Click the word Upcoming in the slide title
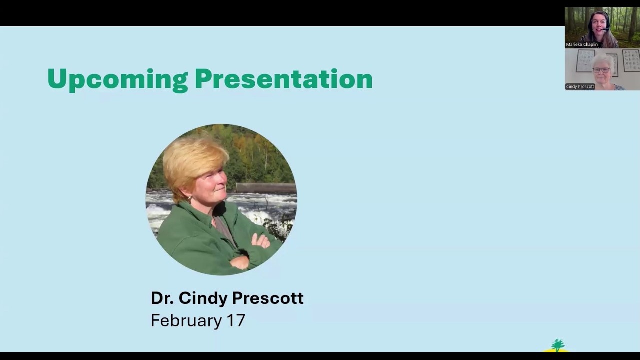point(117,79)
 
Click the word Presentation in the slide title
point(283,79)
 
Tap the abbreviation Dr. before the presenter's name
point(162,298)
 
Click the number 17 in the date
point(236,320)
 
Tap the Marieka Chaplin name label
point(582,44)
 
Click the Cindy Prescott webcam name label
point(580,86)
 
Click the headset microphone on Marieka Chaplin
point(606,30)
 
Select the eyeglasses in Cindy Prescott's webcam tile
point(601,70)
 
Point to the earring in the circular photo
point(190,199)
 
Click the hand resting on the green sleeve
point(261,241)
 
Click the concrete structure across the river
point(265,188)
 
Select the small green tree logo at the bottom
point(557,345)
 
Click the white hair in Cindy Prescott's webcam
point(602,59)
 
